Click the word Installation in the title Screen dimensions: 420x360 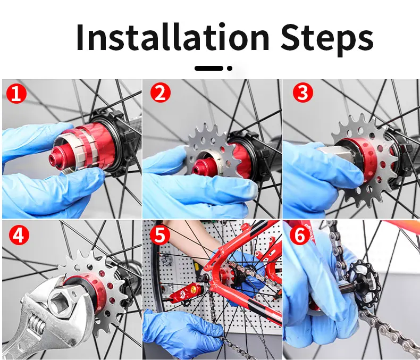pyautogui.click(x=172, y=37)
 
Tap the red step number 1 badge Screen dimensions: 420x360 pyautogui.click(x=16, y=93)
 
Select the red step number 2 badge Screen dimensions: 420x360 pyautogui.click(x=160, y=93)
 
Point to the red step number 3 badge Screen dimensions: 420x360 pyautogui.click(x=303, y=93)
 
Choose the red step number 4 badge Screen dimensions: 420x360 pyautogui.click(x=19, y=235)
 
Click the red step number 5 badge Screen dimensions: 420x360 pyautogui.click(x=159, y=234)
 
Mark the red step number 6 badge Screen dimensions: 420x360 pyautogui.click(x=299, y=235)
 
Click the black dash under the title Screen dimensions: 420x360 pyautogui.click(x=209, y=68)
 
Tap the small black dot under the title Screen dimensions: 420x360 pyautogui.click(x=230, y=68)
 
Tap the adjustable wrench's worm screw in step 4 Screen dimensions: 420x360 pyautogui.click(x=37, y=324)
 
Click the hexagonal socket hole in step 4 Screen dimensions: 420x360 pyautogui.click(x=60, y=299)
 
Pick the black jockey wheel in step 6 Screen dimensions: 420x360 pyautogui.click(x=363, y=279)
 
